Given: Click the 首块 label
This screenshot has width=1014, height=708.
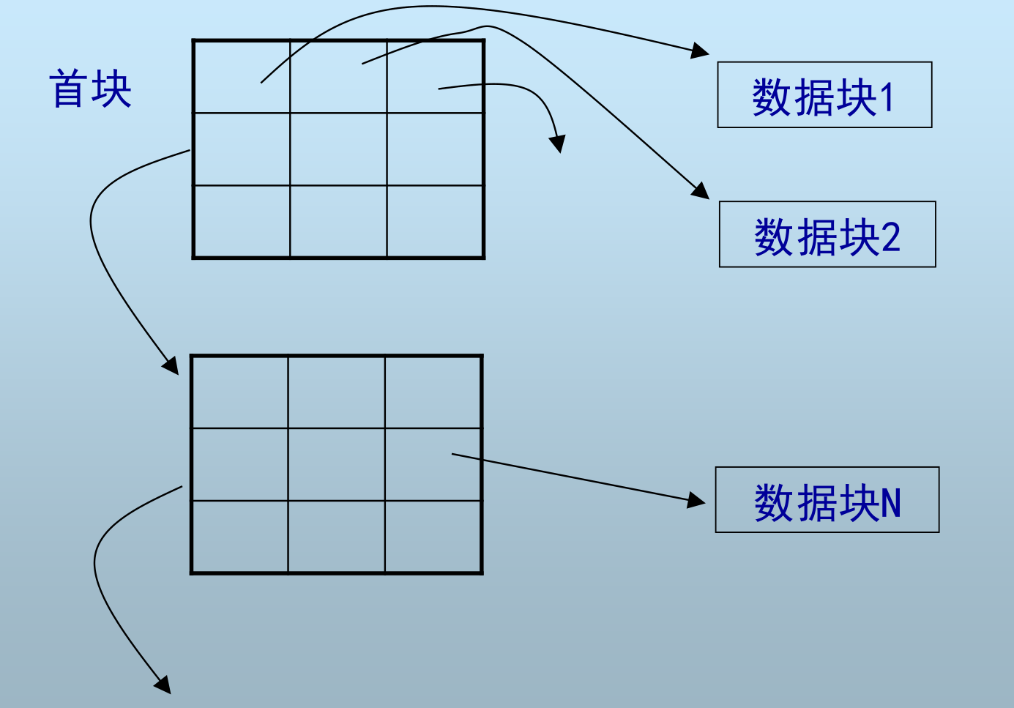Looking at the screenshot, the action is [x=90, y=89].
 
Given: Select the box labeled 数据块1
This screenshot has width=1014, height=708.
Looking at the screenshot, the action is [x=824, y=95].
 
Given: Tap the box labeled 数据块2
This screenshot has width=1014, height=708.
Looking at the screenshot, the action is [x=827, y=234].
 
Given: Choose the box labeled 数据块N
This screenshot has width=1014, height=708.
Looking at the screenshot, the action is [x=827, y=500].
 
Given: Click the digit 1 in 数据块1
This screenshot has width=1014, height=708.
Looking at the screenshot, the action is [x=887, y=97].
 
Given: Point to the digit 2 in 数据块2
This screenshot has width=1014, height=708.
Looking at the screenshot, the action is [x=890, y=237].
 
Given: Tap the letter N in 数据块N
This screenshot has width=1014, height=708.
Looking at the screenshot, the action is [x=890, y=503].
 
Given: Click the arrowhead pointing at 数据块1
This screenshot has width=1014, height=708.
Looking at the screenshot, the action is [x=701, y=51].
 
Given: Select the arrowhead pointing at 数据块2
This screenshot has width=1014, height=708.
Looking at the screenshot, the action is [x=701, y=192].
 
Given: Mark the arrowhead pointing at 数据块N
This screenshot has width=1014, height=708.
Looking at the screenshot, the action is [x=698, y=501].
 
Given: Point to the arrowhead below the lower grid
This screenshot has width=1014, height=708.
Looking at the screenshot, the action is [x=163, y=685].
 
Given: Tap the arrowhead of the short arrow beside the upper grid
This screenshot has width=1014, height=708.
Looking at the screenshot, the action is [x=559, y=144].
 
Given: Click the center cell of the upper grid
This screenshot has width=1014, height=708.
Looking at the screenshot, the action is [x=338, y=149].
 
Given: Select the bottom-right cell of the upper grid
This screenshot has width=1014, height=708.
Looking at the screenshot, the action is [x=435, y=221].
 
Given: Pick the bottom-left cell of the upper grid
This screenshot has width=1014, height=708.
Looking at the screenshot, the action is [x=242, y=221].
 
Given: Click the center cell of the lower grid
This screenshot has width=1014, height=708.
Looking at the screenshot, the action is [x=337, y=464].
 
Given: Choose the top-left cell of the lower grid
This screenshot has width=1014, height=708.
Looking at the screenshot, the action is [x=239, y=392].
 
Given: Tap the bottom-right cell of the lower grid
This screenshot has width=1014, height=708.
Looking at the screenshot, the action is [x=433, y=536].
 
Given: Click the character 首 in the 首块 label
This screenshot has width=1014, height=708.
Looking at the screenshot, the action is [x=68, y=89].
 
